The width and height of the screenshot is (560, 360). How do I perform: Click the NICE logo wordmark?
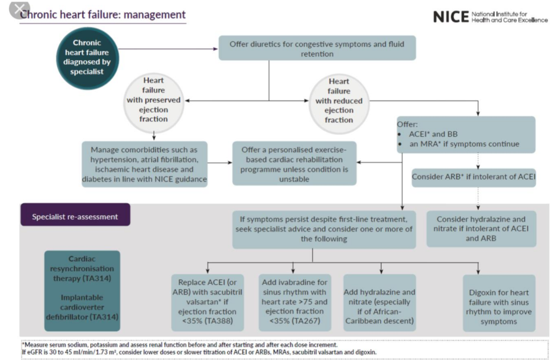(450, 17)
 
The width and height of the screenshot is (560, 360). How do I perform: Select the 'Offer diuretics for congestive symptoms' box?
(317, 48)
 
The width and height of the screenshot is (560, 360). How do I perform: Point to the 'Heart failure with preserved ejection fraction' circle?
(154, 100)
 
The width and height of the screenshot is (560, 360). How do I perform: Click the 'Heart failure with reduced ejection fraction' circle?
(339, 100)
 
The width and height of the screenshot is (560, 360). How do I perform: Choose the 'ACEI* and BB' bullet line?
(433, 134)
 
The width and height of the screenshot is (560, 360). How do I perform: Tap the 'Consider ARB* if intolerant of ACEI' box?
(474, 177)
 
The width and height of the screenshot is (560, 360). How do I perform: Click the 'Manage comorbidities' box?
(144, 164)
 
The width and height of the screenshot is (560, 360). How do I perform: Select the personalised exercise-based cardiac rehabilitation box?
(294, 164)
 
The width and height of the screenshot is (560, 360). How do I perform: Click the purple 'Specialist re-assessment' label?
(75, 217)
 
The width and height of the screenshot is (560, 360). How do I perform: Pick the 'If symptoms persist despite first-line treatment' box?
(324, 229)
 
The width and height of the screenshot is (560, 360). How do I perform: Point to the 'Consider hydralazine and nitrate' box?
(481, 229)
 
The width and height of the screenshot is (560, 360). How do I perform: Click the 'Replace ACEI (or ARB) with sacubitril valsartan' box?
(207, 302)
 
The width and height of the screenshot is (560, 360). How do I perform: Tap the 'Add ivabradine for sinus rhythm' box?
(294, 302)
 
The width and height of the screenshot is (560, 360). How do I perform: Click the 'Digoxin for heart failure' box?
(499, 307)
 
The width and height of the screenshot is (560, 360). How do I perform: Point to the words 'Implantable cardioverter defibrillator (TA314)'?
(82, 307)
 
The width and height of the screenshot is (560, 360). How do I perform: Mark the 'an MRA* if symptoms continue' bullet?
(464, 144)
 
